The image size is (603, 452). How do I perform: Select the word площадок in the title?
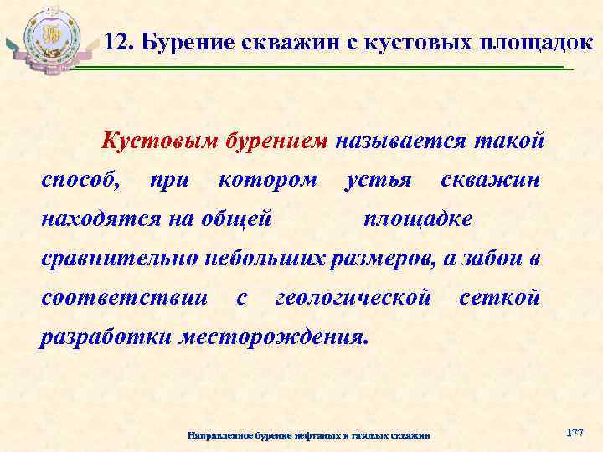(516, 40)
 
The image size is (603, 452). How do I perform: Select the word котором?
(268, 179)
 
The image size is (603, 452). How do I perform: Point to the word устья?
(379, 180)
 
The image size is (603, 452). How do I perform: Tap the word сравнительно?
(117, 258)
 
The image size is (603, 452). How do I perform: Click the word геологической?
(353, 297)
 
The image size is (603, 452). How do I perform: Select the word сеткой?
(501, 297)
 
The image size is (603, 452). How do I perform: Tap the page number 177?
(575, 432)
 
